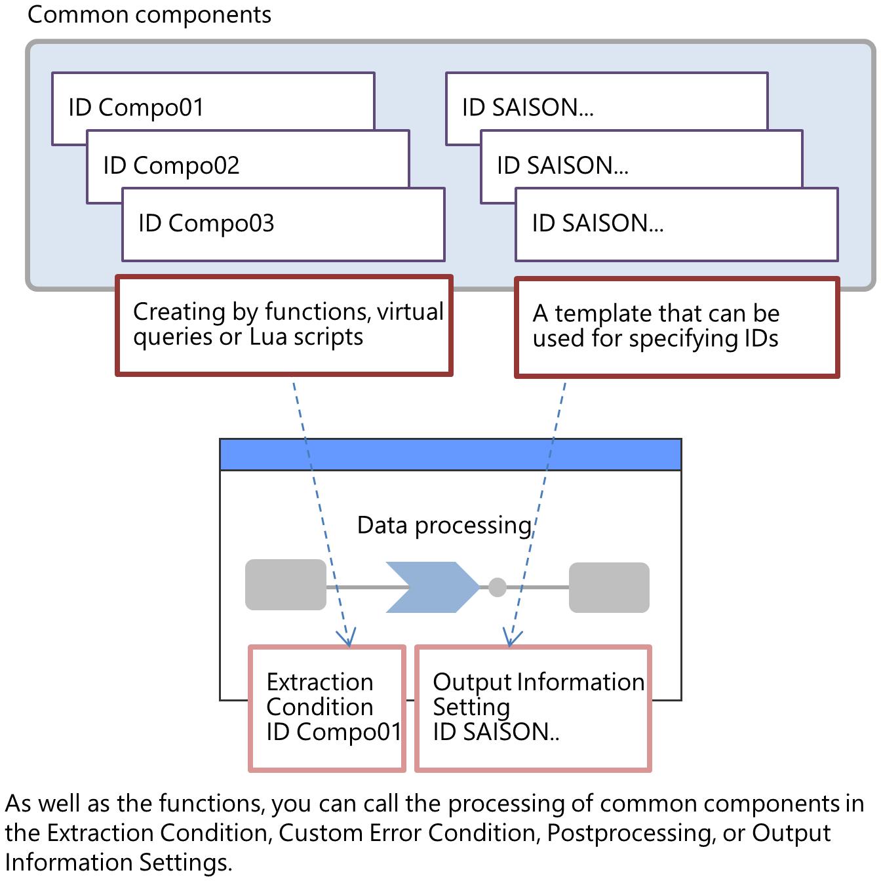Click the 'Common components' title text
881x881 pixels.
pyautogui.click(x=149, y=14)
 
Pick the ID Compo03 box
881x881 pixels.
pyautogui.click(x=283, y=225)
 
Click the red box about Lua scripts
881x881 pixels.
pyautogui.click(x=284, y=325)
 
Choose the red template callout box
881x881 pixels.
pyautogui.click(x=676, y=327)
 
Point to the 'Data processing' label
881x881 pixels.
pyautogui.click(x=444, y=525)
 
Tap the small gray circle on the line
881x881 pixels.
pyautogui.click(x=498, y=587)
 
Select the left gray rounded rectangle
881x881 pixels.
pyautogui.click(x=285, y=585)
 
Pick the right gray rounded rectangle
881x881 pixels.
pyautogui.click(x=609, y=587)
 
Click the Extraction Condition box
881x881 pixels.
pyautogui.click(x=327, y=708)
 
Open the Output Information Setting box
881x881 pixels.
pyautogui.click(x=533, y=708)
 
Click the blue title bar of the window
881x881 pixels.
pyautogui.click(x=450, y=454)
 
